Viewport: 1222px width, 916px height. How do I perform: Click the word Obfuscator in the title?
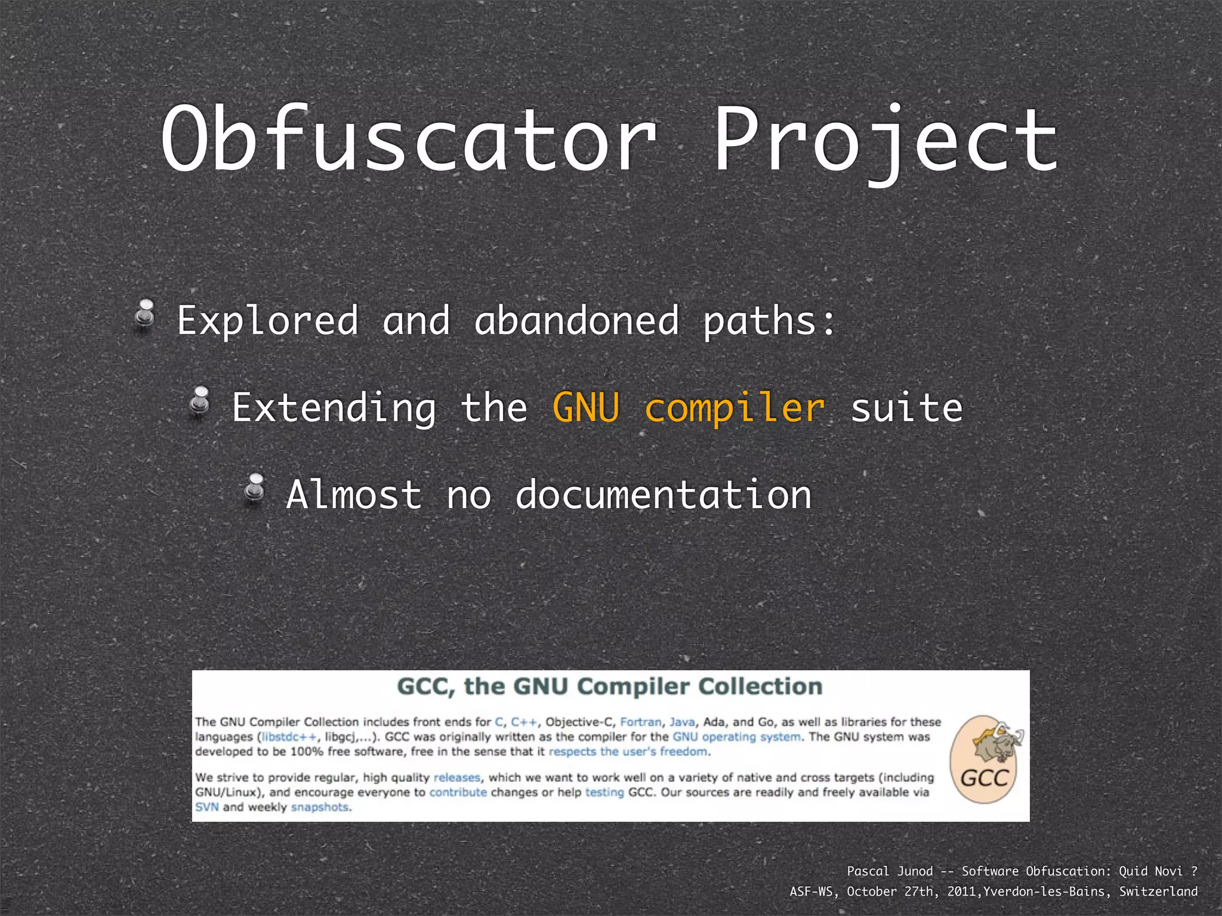pyautogui.click(x=409, y=140)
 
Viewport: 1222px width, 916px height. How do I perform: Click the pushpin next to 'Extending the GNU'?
pyautogui.click(x=200, y=401)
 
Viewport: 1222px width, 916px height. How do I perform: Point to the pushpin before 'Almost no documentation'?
pyautogui.click(x=255, y=488)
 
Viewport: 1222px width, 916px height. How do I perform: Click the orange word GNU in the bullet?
pyautogui.click(x=586, y=408)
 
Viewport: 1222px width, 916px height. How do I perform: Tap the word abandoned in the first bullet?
pyautogui.click(x=576, y=321)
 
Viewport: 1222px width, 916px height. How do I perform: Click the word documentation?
pyautogui.click(x=663, y=495)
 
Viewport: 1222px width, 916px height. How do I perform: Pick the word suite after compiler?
pyautogui.click(x=906, y=408)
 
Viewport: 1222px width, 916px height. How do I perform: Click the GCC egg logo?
pyautogui.click(x=986, y=759)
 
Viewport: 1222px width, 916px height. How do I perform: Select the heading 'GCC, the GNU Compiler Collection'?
pyautogui.click(x=610, y=686)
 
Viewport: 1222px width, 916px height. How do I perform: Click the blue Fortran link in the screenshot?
pyautogui.click(x=641, y=722)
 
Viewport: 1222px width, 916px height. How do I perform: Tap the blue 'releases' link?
pyautogui.click(x=456, y=778)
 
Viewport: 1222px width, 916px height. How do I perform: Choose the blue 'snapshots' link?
pyautogui.click(x=320, y=807)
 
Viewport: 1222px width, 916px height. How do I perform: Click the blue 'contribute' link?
pyautogui.click(x=458, y=793)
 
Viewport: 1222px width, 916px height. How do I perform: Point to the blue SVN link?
pyautogui.click(x=206, y=807)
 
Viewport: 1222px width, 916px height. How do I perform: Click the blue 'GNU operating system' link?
pyautogui.click(x=736, y=737)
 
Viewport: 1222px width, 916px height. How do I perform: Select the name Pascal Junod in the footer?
pyautogui.click(x=890, y=871)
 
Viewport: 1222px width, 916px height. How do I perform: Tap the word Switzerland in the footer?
pyautogui.click(x=1158, y=892)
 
